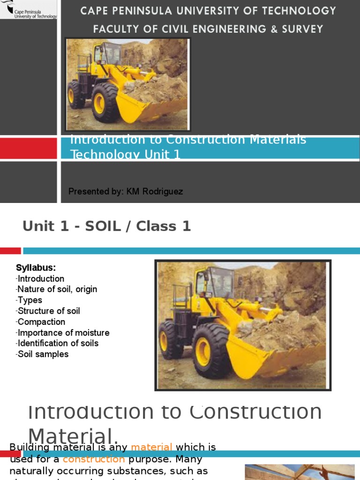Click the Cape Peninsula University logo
coord(28,9)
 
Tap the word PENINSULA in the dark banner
coord(142,10)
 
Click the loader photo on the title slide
coord(127,84)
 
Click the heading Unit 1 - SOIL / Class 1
coord(107,226)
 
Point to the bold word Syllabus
coord(36,268)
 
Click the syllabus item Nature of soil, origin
coord(57,289)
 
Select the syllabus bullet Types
coord(30,300)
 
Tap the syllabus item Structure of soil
coord(49,311)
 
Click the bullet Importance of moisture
coord(63,333)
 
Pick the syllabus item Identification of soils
coord(58,343)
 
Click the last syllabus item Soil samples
coord(43,354)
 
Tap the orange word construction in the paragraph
coord(94,459)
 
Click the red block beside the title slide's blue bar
coord(28,149)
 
